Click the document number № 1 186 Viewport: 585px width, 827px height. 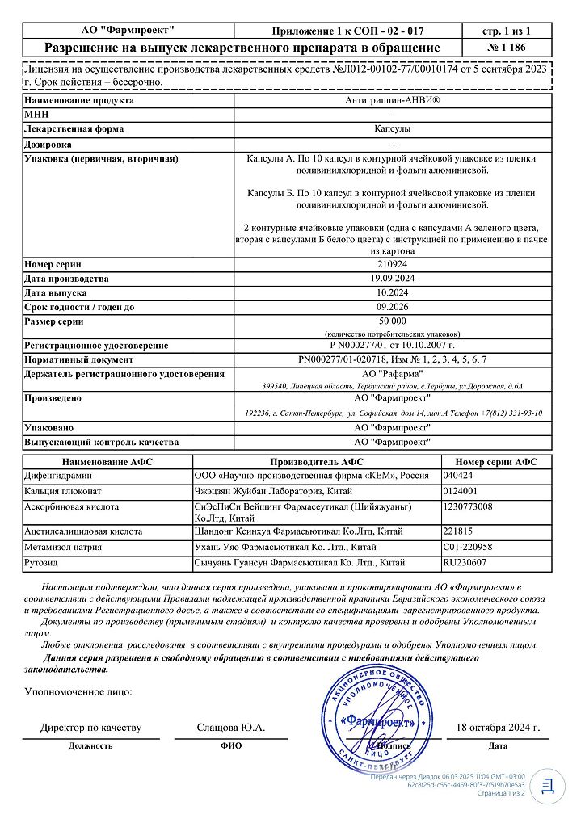point(507,48)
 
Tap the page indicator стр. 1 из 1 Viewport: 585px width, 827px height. point(507,31)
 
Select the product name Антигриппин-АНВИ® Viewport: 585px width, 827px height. point(394,101)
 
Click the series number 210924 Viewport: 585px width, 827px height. point(394,264)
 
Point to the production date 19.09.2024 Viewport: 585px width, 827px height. point(394,278)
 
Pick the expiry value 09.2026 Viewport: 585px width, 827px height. point(394,306)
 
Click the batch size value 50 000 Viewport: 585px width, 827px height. point(394,321)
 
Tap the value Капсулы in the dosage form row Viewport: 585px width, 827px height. point(394,129)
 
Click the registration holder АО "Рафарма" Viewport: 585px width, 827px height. point(394,373)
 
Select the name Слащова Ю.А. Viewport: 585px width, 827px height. point(231,728)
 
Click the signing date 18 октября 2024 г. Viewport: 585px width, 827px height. point(499,728)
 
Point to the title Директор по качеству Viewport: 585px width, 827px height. point(90,728)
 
